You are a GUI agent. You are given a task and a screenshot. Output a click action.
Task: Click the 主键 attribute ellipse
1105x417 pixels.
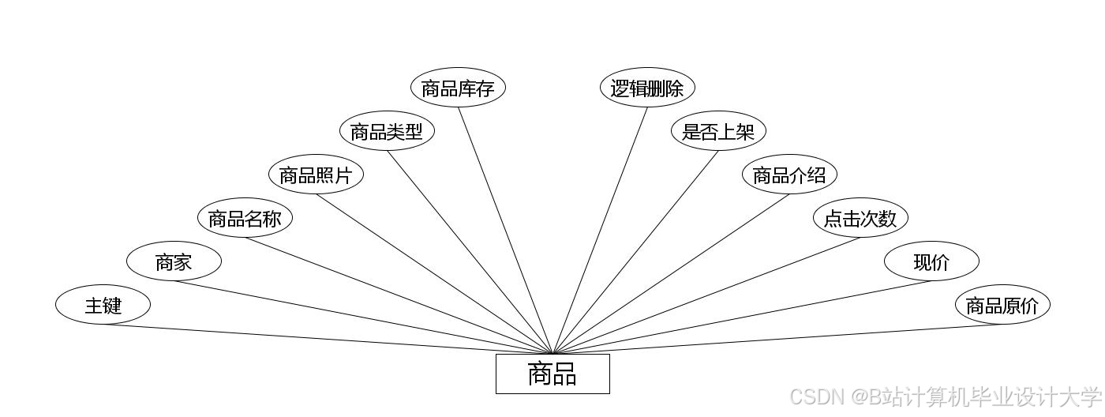(103, 305)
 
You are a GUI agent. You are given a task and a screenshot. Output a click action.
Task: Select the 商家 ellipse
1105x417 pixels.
(174, 261)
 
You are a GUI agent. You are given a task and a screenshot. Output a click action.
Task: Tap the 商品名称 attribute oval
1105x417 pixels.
(245, 218)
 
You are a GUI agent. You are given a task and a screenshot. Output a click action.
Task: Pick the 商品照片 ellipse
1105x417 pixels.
(316, 175)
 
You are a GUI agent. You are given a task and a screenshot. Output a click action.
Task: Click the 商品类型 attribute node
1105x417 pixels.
(387, 131)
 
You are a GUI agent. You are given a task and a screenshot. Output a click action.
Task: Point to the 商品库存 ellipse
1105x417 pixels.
(458, 88)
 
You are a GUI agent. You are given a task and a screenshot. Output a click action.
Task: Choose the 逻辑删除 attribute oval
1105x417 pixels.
(647, 88)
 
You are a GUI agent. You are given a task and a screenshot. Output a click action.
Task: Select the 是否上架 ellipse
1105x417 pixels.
(718, 131)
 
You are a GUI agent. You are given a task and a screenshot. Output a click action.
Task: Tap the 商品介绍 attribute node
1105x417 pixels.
(789, 175)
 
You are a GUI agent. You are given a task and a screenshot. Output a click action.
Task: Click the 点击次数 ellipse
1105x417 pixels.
(860, 218)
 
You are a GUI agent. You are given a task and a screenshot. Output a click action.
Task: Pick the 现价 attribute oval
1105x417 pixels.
(931, 261)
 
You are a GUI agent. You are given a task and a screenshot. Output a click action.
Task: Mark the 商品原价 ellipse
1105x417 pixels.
(1002, 305)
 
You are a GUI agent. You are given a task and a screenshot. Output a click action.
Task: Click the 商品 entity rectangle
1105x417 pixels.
(552, 374)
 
